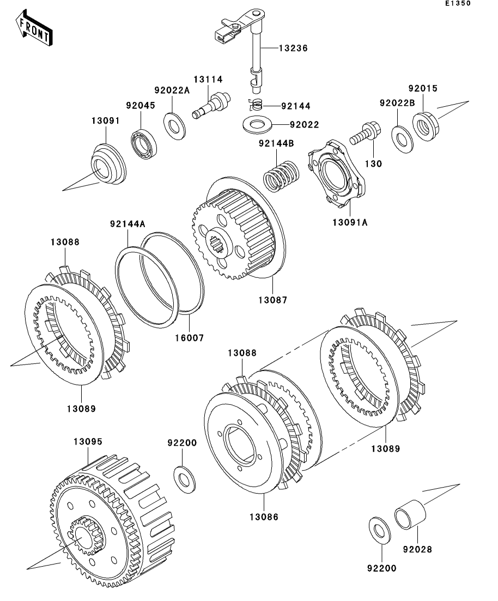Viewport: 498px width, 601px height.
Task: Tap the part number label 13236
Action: click(293, 48)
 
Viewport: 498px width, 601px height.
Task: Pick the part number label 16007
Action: click(189, 338)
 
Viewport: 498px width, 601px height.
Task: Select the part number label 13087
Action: click(272, 300)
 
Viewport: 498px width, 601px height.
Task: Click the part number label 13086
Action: click(264, 517)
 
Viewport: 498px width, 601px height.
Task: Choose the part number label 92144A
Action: click(127, 223)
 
